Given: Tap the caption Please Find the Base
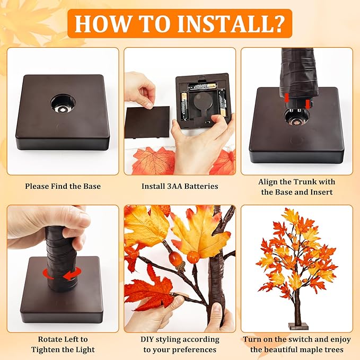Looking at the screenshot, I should tap(63, 187).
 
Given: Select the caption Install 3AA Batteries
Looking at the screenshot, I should tap(180, 187).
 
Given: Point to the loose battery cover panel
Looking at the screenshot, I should tap(147, 122).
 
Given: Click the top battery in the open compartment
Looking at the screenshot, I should tap(201, 85).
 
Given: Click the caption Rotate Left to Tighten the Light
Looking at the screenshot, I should tap(63, 344).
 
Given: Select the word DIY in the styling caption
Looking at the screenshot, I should tap(148, 339).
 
